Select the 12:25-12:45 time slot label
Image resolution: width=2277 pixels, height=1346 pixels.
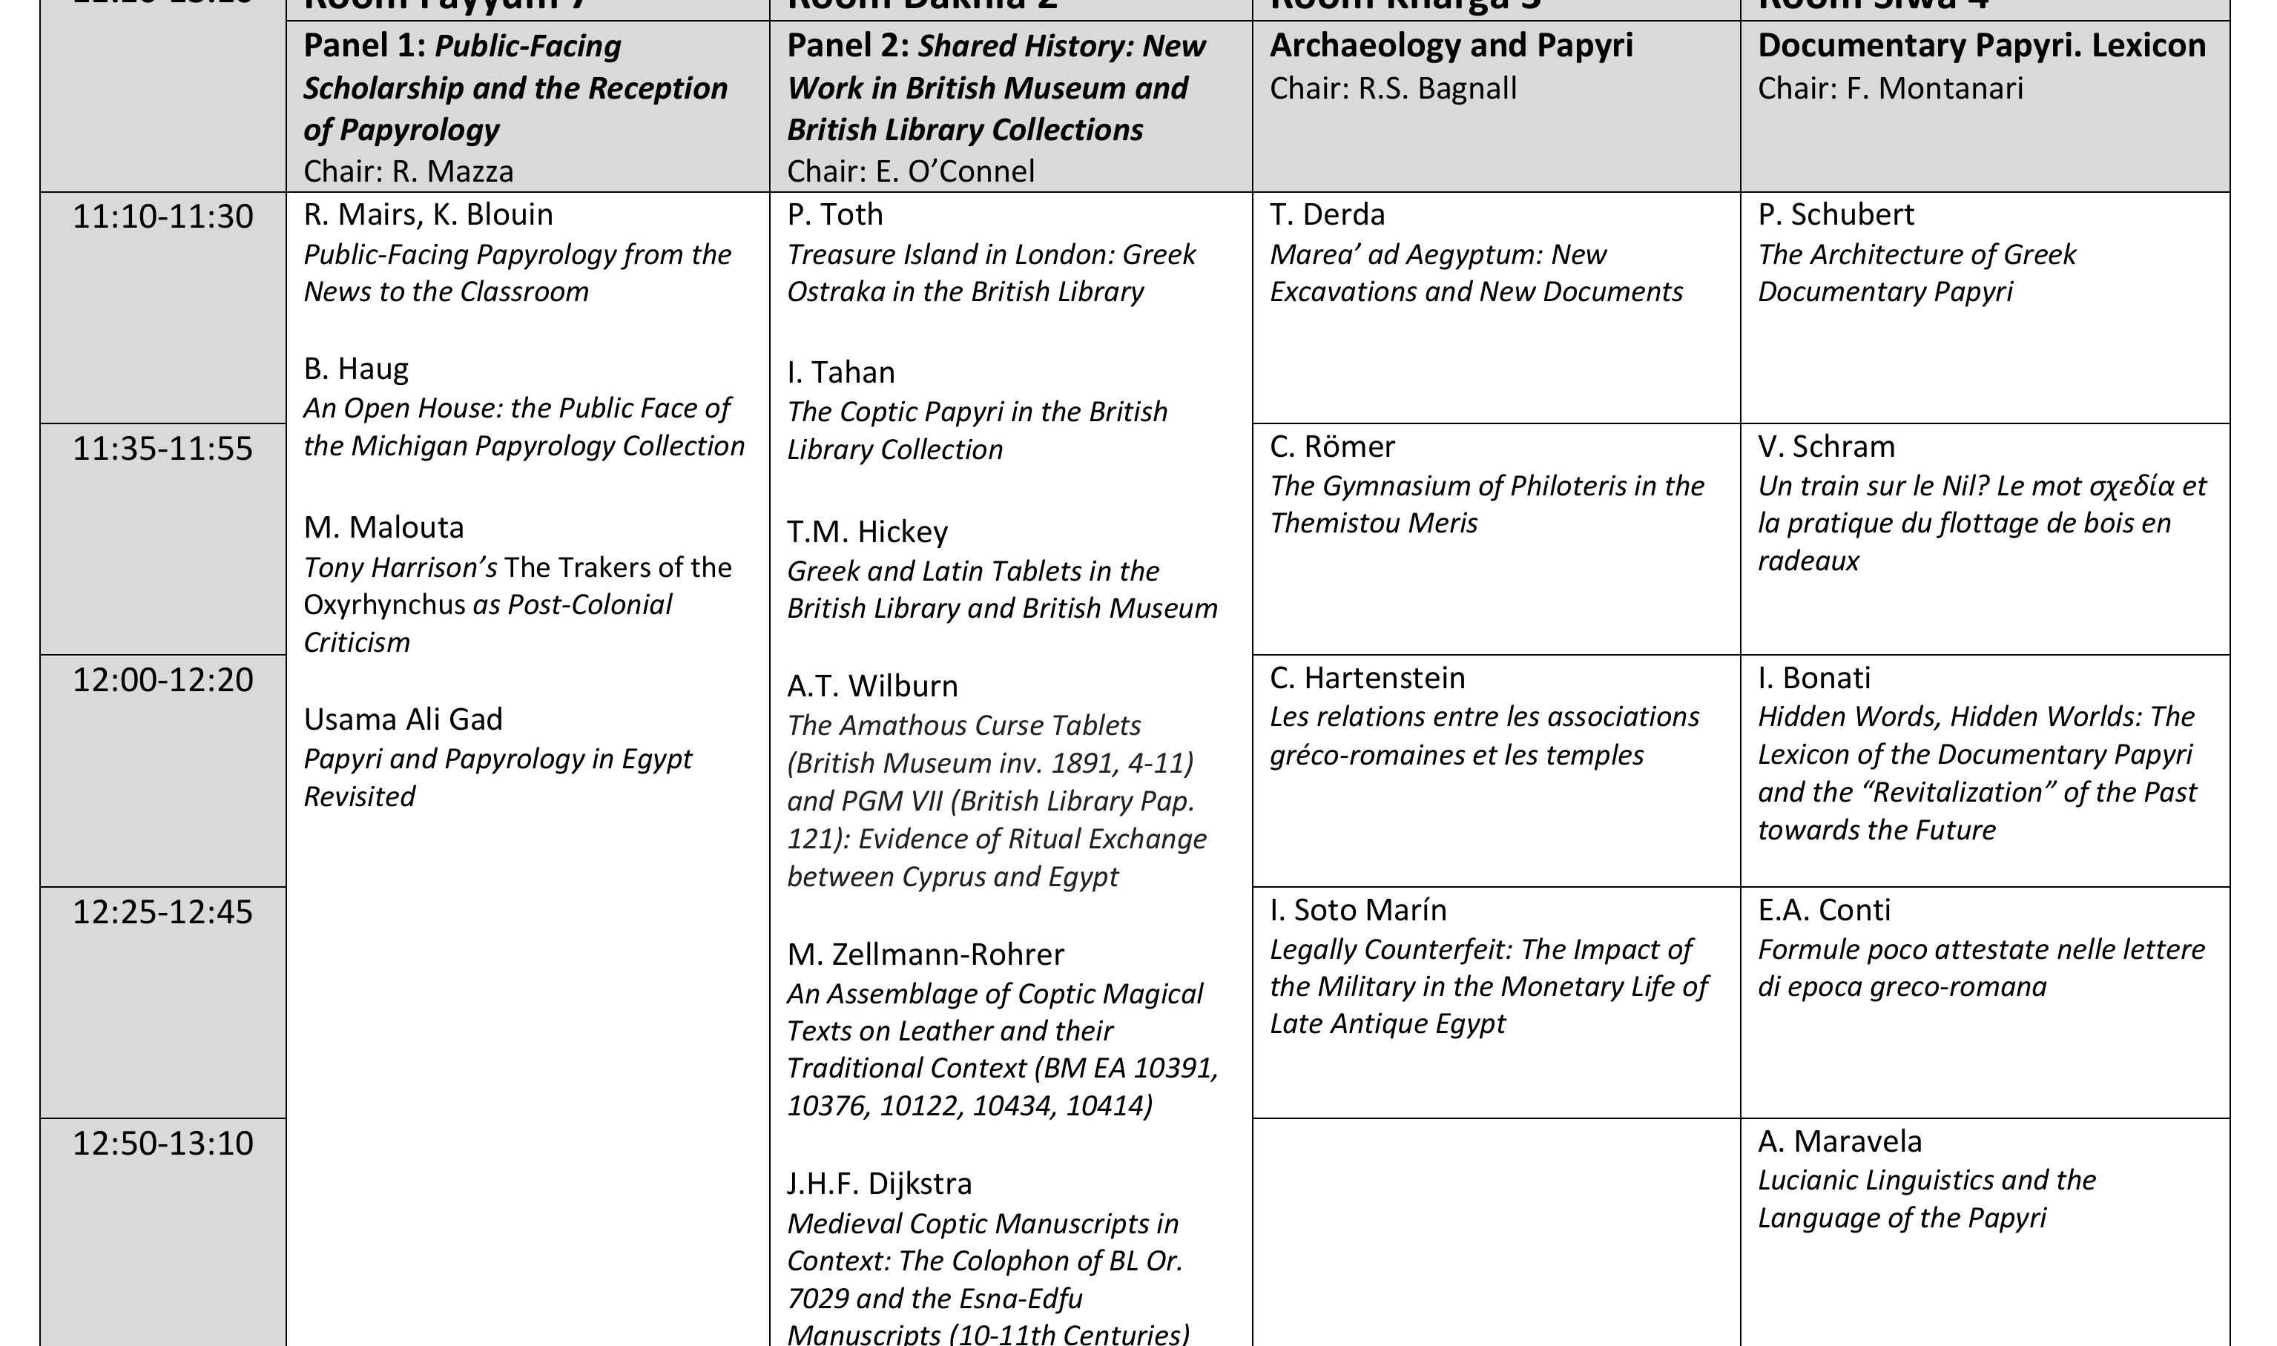(x=162, y=911)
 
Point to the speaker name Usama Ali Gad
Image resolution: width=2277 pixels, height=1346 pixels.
(x=403, y=719)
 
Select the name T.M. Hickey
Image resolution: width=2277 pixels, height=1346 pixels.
(x=867, y=532)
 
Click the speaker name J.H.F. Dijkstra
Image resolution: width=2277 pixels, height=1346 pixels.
(x=879, y=1184)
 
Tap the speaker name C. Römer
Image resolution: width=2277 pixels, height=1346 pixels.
(x=1332, y=446)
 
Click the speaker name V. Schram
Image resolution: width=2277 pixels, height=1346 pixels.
(x=1826, y=446)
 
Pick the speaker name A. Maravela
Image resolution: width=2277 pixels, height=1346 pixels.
(x=1839, y=1141)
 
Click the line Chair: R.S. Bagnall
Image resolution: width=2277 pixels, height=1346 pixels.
(x=1392, y=89)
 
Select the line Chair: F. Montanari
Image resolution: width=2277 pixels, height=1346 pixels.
(x=1890, y=89)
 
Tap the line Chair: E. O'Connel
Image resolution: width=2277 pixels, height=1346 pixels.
(x=910, y=171)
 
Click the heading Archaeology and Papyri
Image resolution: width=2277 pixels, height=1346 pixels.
(x=1451, y=46)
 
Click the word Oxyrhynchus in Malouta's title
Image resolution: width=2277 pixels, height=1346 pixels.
(x=383, y=605)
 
